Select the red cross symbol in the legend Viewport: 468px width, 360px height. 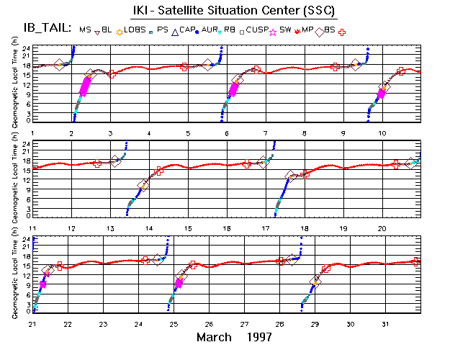[342, 32]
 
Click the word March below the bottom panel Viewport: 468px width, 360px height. [214, 337]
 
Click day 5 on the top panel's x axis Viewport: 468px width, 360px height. [187, 134]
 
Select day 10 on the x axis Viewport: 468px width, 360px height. [382, 134]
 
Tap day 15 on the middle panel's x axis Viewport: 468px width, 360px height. [187, 228]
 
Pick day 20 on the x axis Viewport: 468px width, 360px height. [382, 228]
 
